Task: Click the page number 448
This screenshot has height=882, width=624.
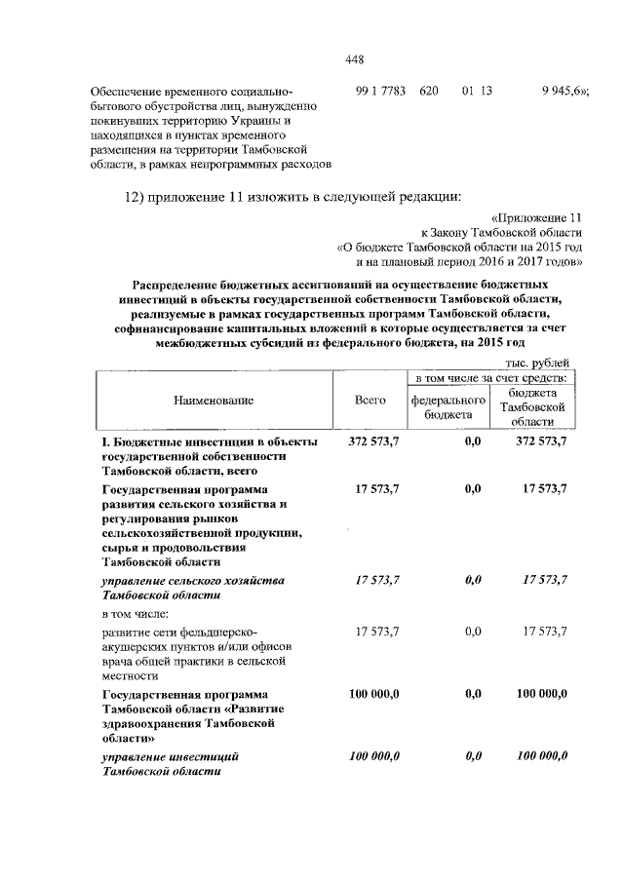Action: (355, 59)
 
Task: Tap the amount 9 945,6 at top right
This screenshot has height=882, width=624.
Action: (564, 91)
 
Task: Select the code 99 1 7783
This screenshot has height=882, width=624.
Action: (382, 91)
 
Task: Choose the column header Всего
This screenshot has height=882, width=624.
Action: (371, 400)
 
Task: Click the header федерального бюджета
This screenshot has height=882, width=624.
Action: (448, 407)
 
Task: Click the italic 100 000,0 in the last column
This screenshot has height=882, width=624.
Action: (541, 756)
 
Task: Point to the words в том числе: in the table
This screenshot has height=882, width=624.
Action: (136, 614)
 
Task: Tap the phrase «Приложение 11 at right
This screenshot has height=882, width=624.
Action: (537, 218)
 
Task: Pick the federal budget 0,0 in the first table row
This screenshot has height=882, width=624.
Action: (474, 442)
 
